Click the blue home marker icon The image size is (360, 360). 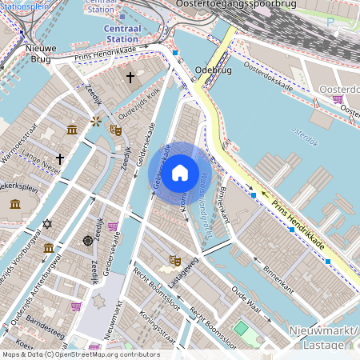180,172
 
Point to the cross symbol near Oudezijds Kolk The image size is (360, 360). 130,78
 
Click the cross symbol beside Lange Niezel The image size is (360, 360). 60,159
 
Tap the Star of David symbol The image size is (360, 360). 46,223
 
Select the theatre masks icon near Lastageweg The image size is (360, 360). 174,259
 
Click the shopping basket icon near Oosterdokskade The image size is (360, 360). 338,100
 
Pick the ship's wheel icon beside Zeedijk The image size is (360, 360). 87,240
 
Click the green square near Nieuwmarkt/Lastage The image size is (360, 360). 241,328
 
